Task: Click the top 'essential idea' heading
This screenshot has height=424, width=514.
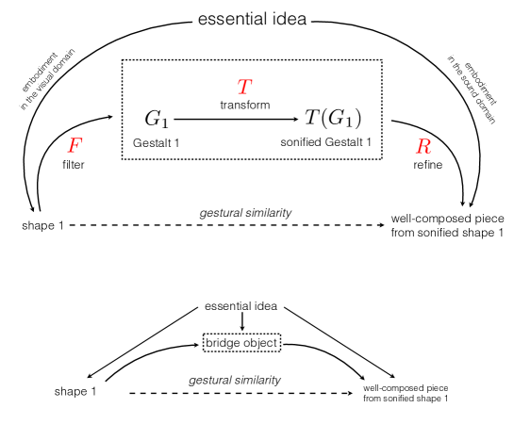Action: click(x=257, y=19)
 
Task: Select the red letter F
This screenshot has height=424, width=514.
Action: click(x=75, y=146)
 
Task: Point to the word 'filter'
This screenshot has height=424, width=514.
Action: click(x=74, y=165)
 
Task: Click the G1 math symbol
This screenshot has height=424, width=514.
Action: click(x=157, y=119)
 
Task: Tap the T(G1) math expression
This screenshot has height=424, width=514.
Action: click(x=332, y=119)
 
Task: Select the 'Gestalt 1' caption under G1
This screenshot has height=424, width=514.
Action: click(x=156, y=141)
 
